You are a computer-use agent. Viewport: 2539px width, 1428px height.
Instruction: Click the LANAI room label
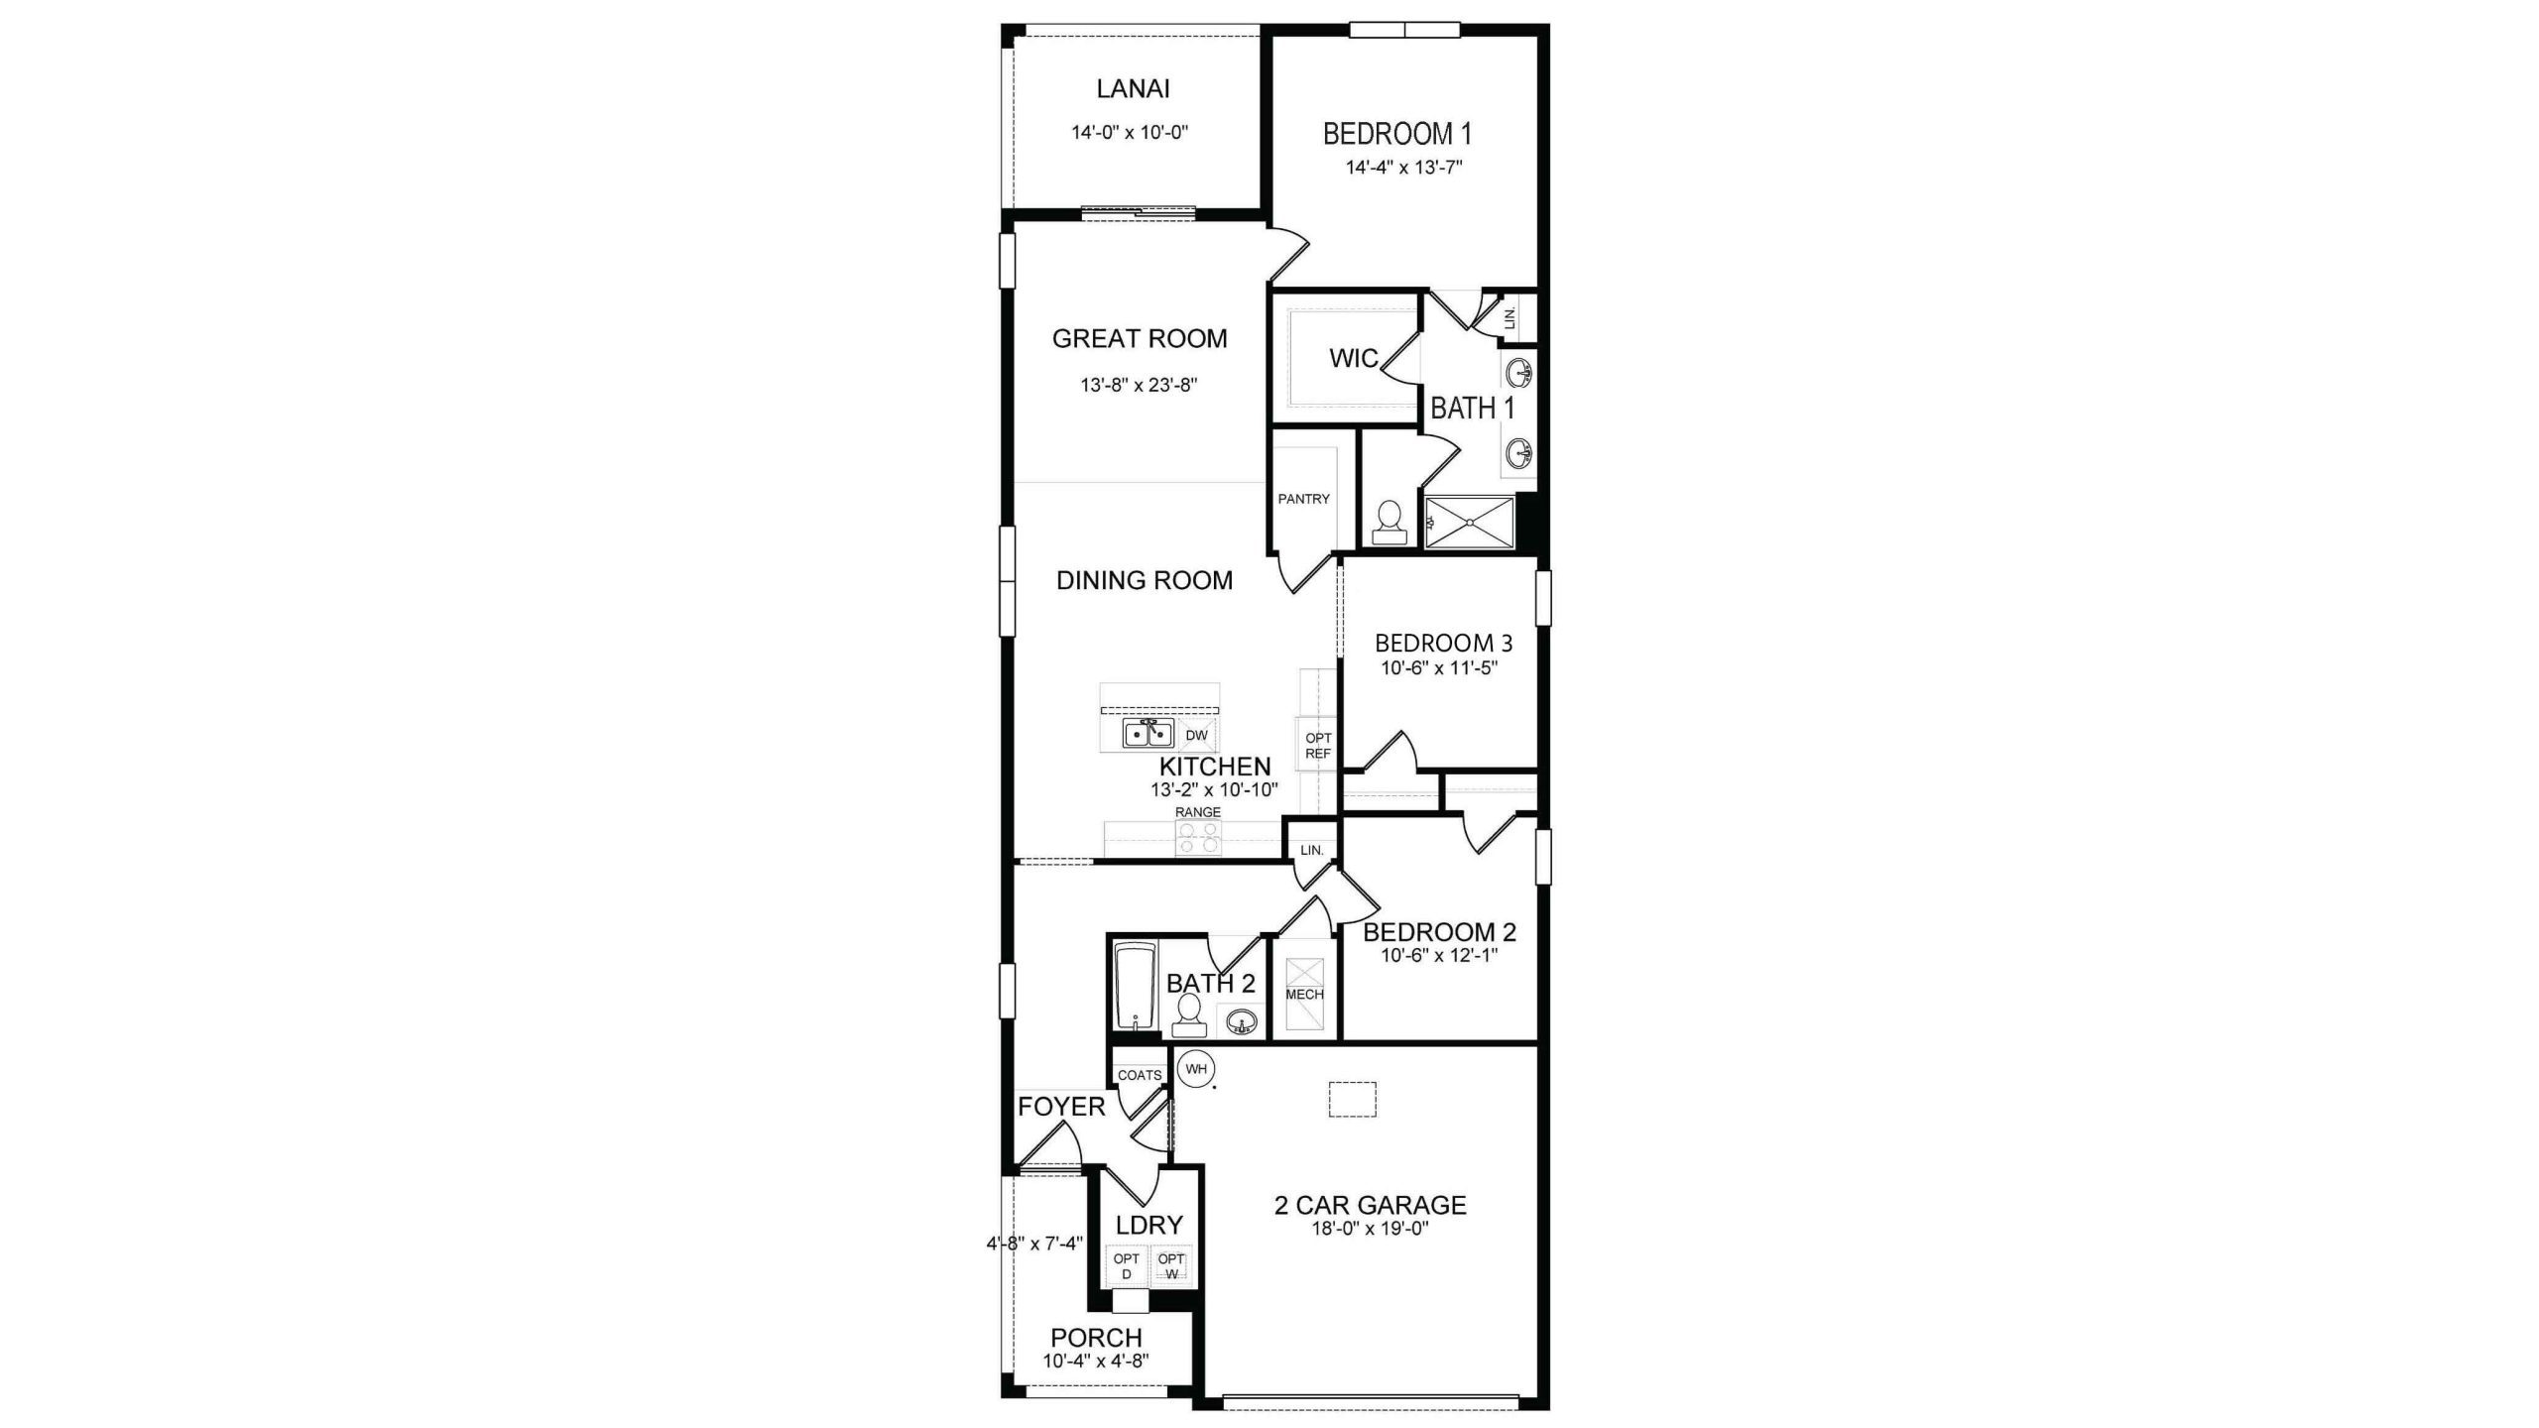1133,88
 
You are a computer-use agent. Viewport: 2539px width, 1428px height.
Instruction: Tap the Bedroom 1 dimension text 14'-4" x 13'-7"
1404,168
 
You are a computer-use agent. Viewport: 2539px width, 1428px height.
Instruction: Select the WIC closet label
1354,358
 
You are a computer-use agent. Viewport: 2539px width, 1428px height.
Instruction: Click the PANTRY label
1303,499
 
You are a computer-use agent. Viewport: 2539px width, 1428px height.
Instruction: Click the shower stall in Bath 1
1470,523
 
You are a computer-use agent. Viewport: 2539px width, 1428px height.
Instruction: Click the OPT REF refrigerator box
1317,744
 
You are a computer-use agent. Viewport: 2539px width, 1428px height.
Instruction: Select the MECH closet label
1304,995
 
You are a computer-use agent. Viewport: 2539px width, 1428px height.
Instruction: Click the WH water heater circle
1196,1069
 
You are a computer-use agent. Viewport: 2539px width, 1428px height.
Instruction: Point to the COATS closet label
1140,1075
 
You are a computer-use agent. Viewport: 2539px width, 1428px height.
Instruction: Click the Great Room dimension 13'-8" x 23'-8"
1139,385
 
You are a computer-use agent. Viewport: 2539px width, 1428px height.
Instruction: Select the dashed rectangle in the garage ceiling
1353,1099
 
